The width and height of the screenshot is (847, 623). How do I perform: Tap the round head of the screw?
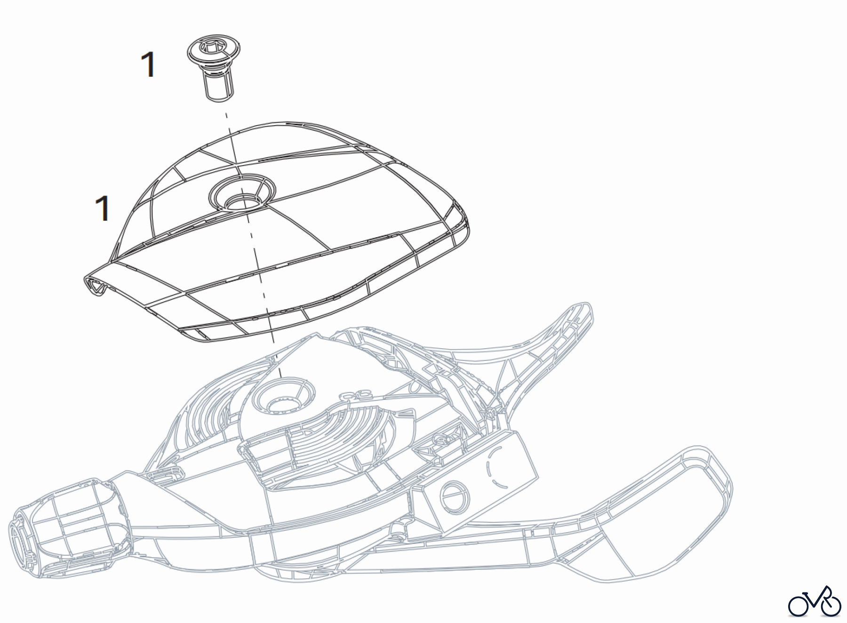tap(215, 52)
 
